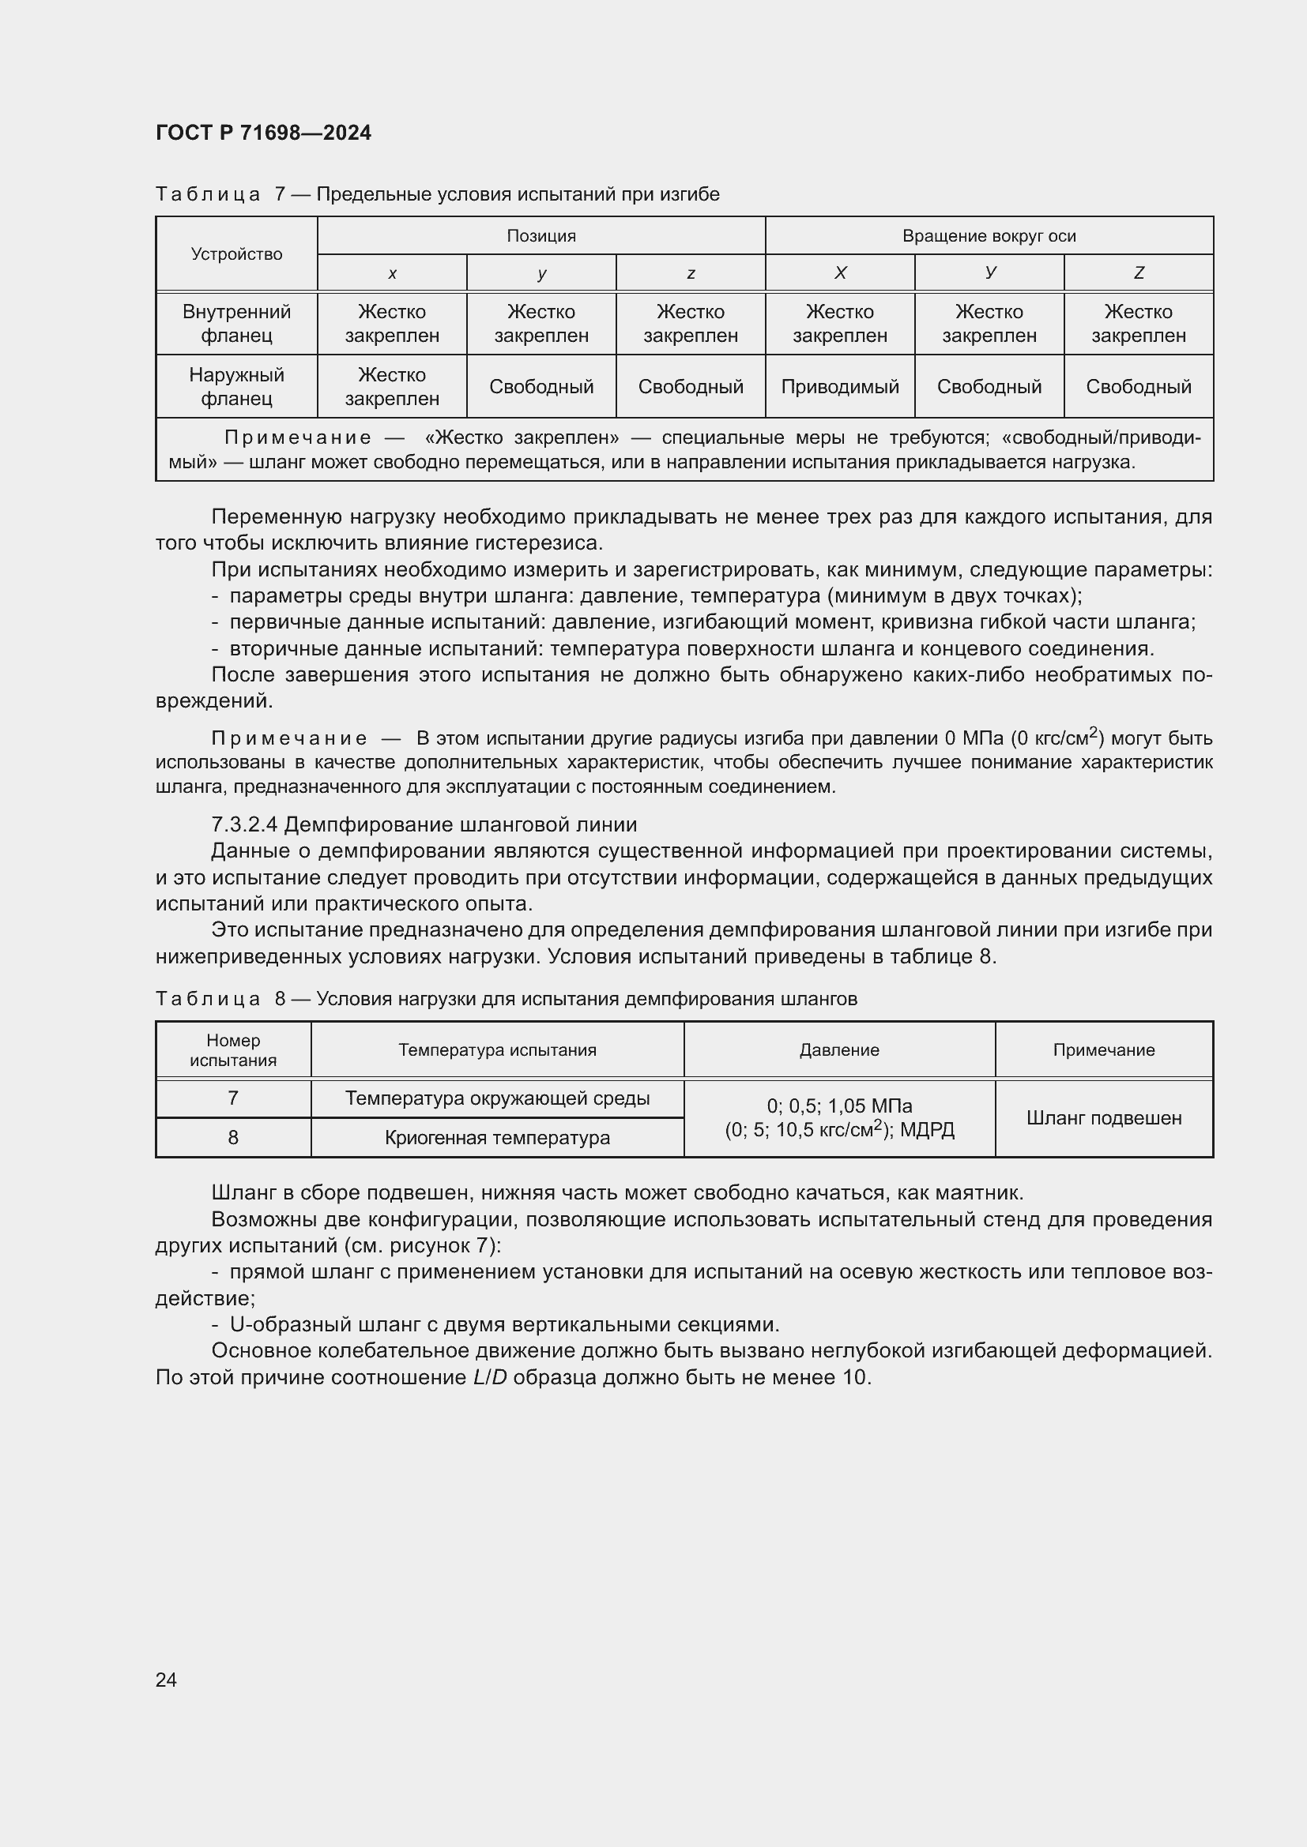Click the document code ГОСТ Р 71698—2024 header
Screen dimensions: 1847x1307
[263, 133]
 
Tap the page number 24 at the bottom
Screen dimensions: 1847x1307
[166, 1680]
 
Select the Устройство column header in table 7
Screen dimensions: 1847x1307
[236, 254]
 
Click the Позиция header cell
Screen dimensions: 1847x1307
[541, 235]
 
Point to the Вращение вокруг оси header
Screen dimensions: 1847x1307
[989, 235]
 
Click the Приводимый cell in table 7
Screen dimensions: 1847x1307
[839, 387]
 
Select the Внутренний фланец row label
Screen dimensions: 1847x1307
[236, 324]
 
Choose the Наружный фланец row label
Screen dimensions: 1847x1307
[236, 387]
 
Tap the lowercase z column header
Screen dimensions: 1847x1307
[691, 273]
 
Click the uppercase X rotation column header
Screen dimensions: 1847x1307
[839, 273]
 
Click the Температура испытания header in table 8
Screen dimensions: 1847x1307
[497, 1049]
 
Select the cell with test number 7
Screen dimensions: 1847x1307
[233, 1098]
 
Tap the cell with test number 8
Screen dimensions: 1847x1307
[233, 1137]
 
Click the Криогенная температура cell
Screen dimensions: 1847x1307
[497, 1137]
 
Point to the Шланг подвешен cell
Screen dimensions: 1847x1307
[1103, 1118]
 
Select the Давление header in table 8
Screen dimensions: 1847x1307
[838, 1049]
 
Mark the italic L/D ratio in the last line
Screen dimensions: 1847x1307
[489, 1377]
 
